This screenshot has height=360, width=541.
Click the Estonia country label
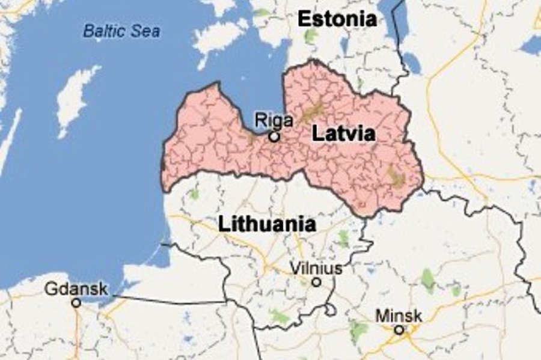(x=337, y=19)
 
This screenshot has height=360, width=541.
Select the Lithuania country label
(x=267, y=224)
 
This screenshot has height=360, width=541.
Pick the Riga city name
(x=274, y=120)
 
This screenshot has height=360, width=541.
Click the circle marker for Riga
(x=274, y=137)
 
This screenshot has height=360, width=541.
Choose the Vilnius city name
(x=316, y=268)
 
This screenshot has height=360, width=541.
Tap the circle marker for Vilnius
(x=316, y=282)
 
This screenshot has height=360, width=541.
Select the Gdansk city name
(x=76, y=289)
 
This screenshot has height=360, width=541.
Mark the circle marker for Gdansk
(x=76, y=303)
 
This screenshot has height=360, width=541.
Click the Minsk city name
(x=399, y=316)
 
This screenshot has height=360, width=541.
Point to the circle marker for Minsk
(x=399, y=329)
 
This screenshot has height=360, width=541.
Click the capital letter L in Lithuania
(x=223, y=224)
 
